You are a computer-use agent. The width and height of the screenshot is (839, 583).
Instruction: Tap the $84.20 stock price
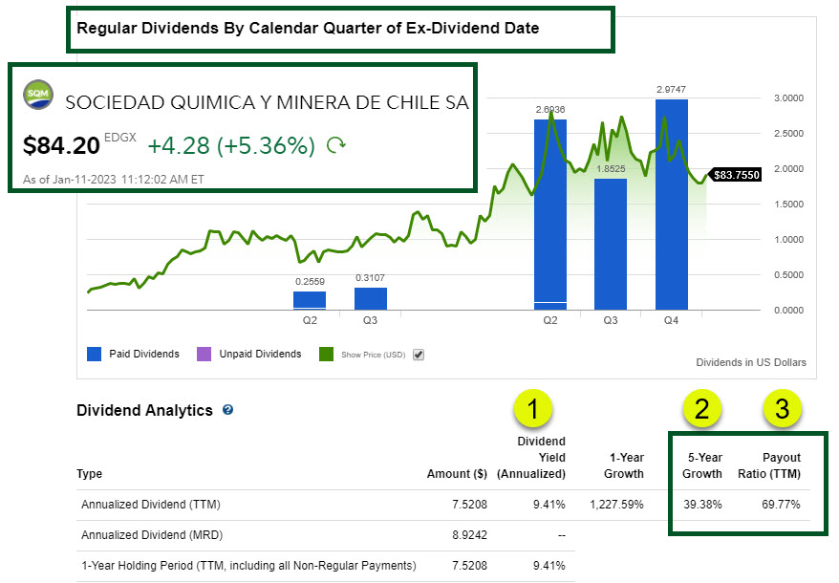coord(61,145)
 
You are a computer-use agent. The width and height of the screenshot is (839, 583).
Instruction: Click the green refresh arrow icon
coord(336,145)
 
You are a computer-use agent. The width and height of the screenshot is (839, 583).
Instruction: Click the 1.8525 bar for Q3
coord(610,244)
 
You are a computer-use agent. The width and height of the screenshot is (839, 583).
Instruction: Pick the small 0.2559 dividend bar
coord(310,300)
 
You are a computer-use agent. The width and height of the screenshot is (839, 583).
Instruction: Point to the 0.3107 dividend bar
coord(371,298)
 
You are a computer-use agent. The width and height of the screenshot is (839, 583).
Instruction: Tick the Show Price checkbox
coord(418,355)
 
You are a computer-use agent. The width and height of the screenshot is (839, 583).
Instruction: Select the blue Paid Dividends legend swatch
coord(93,355)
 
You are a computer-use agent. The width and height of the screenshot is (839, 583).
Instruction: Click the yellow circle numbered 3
coord(782,409)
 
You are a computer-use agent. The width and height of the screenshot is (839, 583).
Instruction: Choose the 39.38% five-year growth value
coord(702,504)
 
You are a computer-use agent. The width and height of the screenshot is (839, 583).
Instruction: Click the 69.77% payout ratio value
coord(780,504)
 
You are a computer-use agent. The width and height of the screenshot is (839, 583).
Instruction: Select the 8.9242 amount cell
coord(468,535)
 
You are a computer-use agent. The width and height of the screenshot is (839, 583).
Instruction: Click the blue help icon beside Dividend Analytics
coord(227,410)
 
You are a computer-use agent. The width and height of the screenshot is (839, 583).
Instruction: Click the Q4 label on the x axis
coord(671,321)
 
